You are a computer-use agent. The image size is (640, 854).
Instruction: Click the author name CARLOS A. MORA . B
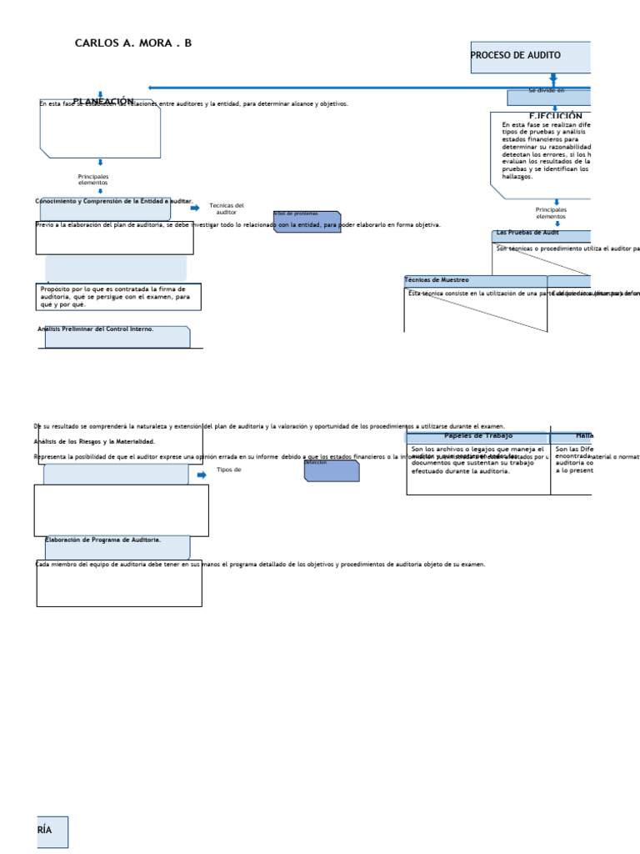pyautogui.click(x=133, y=43)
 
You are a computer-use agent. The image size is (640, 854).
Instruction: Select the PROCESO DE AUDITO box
pyautogui.click(x=530, y=57)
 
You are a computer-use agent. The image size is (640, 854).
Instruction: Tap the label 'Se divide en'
pyautogui.click(x=547, y=90)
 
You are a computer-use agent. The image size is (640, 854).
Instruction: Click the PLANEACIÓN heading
pyautogui.click(x=103, y=102)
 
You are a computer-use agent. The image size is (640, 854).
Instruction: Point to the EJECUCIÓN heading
pyautogui.click(x=555, y=117)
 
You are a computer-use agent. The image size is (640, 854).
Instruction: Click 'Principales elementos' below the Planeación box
pyautogui.click(x=93, y=179)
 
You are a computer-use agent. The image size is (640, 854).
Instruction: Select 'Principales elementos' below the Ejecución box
pyautogui.click(x=551, y=213)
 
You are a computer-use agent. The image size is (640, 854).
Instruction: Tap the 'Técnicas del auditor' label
pyautogui.click(x=227, y=208)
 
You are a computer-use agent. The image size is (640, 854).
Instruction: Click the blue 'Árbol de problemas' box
pyautogui.click(x=307, y=222)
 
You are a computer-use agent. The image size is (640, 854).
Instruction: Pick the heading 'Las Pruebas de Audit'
pyautogui.click(x=528, y=233)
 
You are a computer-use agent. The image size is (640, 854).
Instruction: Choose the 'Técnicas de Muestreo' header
pyautogui.click(x=437, y=280)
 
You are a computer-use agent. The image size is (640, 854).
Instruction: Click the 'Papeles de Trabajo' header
pyautogui.click(x=478, y=436)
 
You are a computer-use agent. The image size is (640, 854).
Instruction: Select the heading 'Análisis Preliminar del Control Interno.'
pyautogui.click(x=96, y=329)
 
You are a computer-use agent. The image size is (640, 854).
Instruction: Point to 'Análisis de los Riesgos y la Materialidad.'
pyautogui.click(x=94, y=441)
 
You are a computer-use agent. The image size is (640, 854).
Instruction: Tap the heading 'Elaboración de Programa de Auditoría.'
pyautogui.click(x=103, y=540)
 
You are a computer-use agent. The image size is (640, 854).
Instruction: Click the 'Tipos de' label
pyautogui.click(x=228, y=470)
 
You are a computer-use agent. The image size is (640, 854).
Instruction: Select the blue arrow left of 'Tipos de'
pyautogui.click(x=202, y=475)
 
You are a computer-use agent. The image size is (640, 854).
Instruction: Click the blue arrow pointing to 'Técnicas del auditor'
pyautogui.click(x=195, y=208)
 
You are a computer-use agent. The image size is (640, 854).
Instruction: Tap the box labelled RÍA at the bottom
pyautogui.click(x=52, y=831)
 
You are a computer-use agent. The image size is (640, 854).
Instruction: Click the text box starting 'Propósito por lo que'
pyautogui.click(x=117, y=297)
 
